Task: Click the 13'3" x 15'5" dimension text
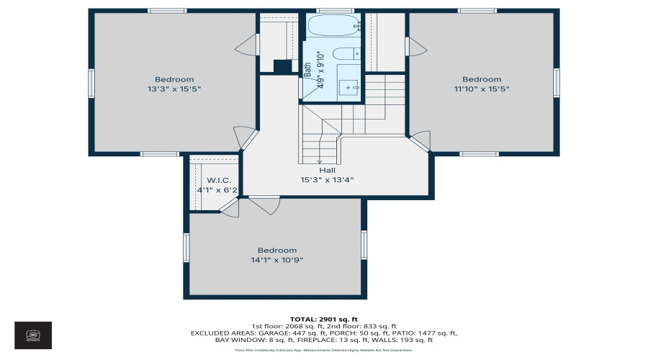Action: (x=174, y=89)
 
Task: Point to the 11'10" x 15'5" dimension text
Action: (x=482, y=89)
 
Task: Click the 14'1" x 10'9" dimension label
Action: (x=277, y=261)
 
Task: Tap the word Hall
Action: (x=328, y=171)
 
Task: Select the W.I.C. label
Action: (x=218, y=180)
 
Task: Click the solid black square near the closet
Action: (x=282, y=66)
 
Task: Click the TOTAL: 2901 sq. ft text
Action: (x=323, y=319)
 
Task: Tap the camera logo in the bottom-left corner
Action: (x=32, y=335)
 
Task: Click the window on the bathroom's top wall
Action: (x=330, y=11)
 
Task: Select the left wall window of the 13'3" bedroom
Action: (x=91, y=82)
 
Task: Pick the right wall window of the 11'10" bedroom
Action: (x=556, y=82)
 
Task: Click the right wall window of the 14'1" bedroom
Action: (x=364, y=245)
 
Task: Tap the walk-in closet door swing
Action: (x=230, y=208)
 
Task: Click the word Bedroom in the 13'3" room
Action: (x=174, y=79)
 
